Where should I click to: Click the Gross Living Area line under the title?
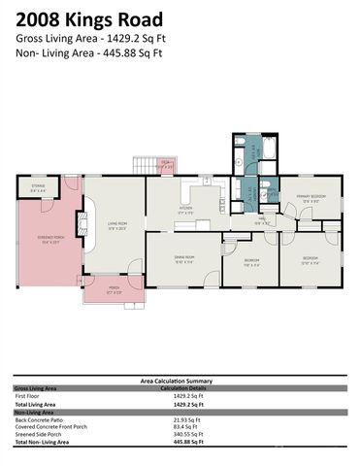click(90, 37)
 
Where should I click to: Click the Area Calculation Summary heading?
click(180, 381)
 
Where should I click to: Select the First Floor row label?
click(28, 396)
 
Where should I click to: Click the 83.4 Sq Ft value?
click(184, 426)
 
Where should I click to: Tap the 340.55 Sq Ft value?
click(186, 434)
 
